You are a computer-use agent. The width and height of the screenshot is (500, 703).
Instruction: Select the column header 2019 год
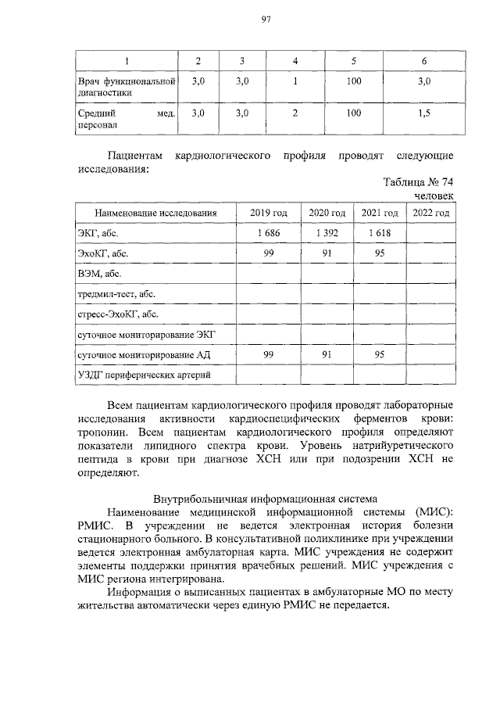269,213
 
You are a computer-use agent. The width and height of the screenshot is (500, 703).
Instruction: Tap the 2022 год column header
430,213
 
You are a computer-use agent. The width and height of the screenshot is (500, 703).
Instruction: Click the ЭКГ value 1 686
269,233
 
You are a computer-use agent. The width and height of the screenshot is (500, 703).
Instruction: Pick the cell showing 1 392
327,233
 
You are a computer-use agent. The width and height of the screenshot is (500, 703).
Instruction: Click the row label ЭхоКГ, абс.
104,253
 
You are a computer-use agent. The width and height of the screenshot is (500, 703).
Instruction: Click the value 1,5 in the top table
423,113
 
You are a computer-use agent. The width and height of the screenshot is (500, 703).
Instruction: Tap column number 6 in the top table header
423,61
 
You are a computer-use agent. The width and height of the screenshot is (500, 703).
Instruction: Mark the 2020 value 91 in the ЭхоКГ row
327,253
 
